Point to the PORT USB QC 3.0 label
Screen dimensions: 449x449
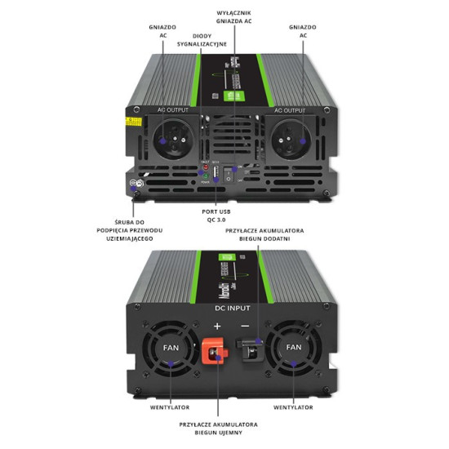coord(216,215)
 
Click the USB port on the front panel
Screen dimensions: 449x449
coord(216,174)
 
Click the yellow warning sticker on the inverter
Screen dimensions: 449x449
coord(131,119)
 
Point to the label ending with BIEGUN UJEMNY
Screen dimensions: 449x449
coord(218,429)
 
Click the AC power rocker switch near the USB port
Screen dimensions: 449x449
coord(234,172)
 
